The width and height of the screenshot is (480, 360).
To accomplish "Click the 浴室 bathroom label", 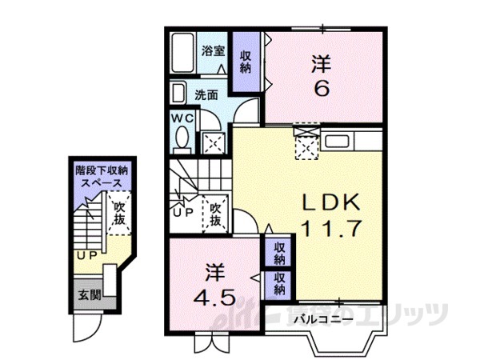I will [213, 51].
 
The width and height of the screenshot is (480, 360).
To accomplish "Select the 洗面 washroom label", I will [207, 94].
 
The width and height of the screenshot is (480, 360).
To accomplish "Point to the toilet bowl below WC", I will [181, 139].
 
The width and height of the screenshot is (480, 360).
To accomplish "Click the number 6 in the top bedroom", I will [321, 88].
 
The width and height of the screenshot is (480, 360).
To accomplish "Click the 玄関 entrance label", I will [90, 294].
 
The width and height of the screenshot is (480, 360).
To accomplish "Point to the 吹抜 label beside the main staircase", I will [215, 214].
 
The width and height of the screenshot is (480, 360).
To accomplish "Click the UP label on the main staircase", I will [182, 214].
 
